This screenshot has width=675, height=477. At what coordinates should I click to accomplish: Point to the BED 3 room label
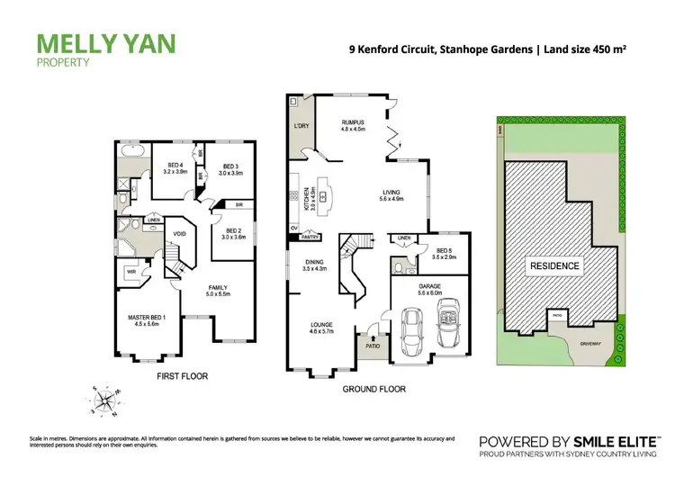[x=230, y=166]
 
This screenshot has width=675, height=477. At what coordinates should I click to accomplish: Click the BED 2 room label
[x=234, y=230]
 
